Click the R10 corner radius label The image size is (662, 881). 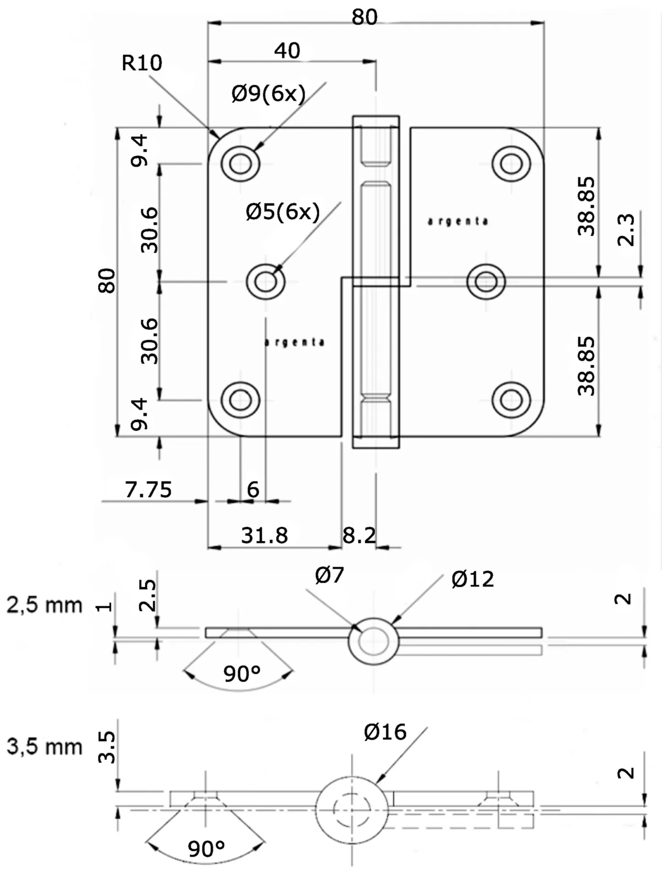point(141,63)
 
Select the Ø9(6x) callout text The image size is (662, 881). point(268,94)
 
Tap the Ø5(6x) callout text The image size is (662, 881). point(283,212)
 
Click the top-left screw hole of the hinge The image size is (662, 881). point(240,163)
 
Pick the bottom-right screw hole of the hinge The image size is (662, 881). point(511,400)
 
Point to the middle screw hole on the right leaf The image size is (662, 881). point(486,281)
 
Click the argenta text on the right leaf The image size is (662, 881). point(457,222)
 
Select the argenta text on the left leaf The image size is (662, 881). point(295,342)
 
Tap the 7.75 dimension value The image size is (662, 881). point(148,490)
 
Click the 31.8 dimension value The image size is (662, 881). point(264,535)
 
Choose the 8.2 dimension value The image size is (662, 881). point(359,535)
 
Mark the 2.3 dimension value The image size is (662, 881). point(626,229)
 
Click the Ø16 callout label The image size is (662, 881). point(385,732)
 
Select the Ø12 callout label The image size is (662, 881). point(473,580)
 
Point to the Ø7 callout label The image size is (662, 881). point(329,575)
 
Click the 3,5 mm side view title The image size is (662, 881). point(44,747)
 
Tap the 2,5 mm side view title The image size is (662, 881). point(44,606)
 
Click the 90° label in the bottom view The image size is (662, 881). point(206,849)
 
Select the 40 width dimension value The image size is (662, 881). point(287,50)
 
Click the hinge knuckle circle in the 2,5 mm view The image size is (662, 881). point(373,641)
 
